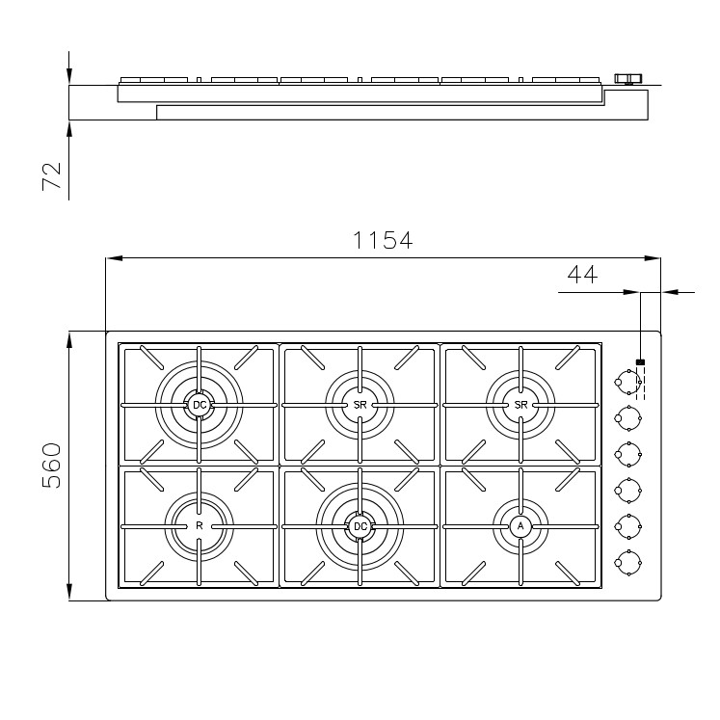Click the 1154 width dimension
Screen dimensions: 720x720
pos(383,240)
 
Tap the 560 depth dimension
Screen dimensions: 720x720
pos(51,466)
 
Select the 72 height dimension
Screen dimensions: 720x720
pos(51,175)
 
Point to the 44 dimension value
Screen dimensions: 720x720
pos(582,275)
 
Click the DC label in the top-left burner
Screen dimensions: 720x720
pos(200,405)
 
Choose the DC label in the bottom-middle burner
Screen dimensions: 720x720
pos(360,526)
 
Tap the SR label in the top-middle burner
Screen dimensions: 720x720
pos(360,405)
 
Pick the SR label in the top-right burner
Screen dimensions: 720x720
pos(520,405)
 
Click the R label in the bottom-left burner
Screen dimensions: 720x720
pos(200,525)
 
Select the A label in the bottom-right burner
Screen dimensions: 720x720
pos(520,526)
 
